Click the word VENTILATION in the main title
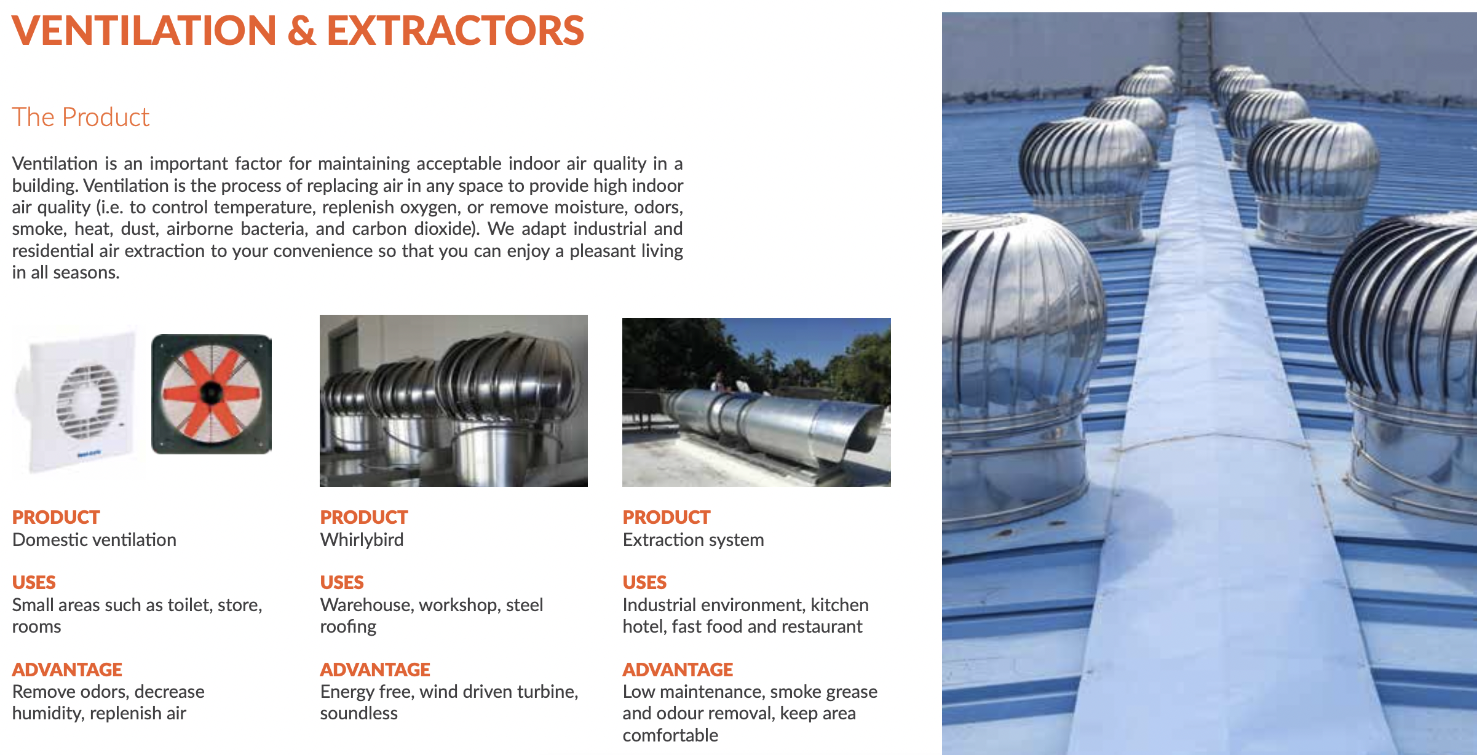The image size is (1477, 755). tap(145, 31)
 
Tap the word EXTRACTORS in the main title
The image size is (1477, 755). tap(456, 31)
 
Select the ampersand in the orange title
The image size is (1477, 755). tap(301, 31)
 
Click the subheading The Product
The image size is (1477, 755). tap(81, 117)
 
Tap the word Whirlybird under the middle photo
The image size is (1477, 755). tap(362, 540)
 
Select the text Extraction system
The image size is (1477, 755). tap(694, 540)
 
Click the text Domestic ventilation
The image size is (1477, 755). tap(94, 540)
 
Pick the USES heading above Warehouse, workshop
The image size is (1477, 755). tap(342, 582)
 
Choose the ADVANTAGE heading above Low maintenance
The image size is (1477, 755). tap(678, 670)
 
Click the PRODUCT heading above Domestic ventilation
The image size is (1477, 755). tap(56, 517)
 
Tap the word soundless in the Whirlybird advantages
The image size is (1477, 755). tap(359, 713)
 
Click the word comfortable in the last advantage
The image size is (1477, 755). tap(670, 735)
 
